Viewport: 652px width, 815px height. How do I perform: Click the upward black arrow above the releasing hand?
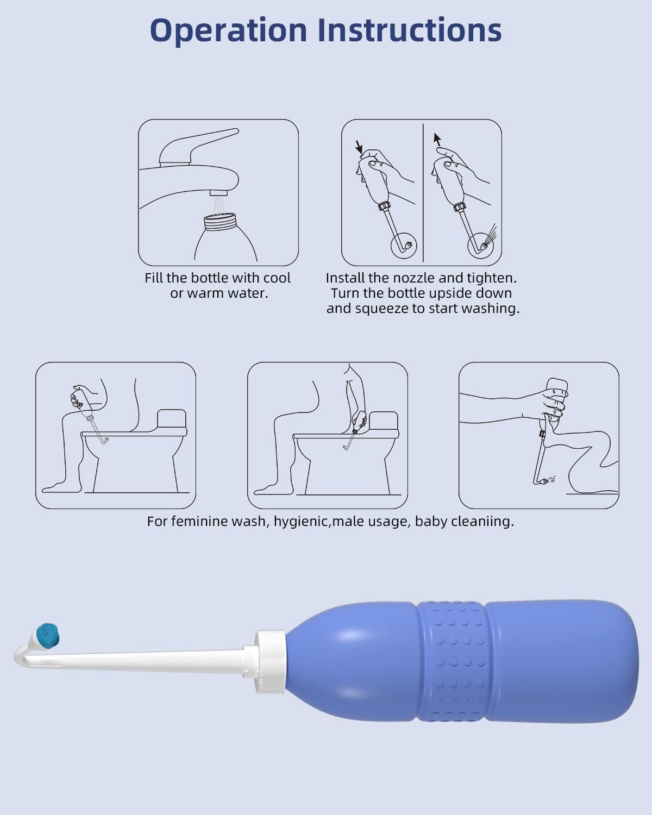pos(436,140)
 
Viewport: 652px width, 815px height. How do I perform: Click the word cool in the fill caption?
pos(277,278)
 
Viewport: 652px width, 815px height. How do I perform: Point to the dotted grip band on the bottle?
pos(451,662)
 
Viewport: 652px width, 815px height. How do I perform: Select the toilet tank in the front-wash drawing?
pos(172,419)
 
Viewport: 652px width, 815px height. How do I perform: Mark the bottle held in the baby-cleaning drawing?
pos(556,391)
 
